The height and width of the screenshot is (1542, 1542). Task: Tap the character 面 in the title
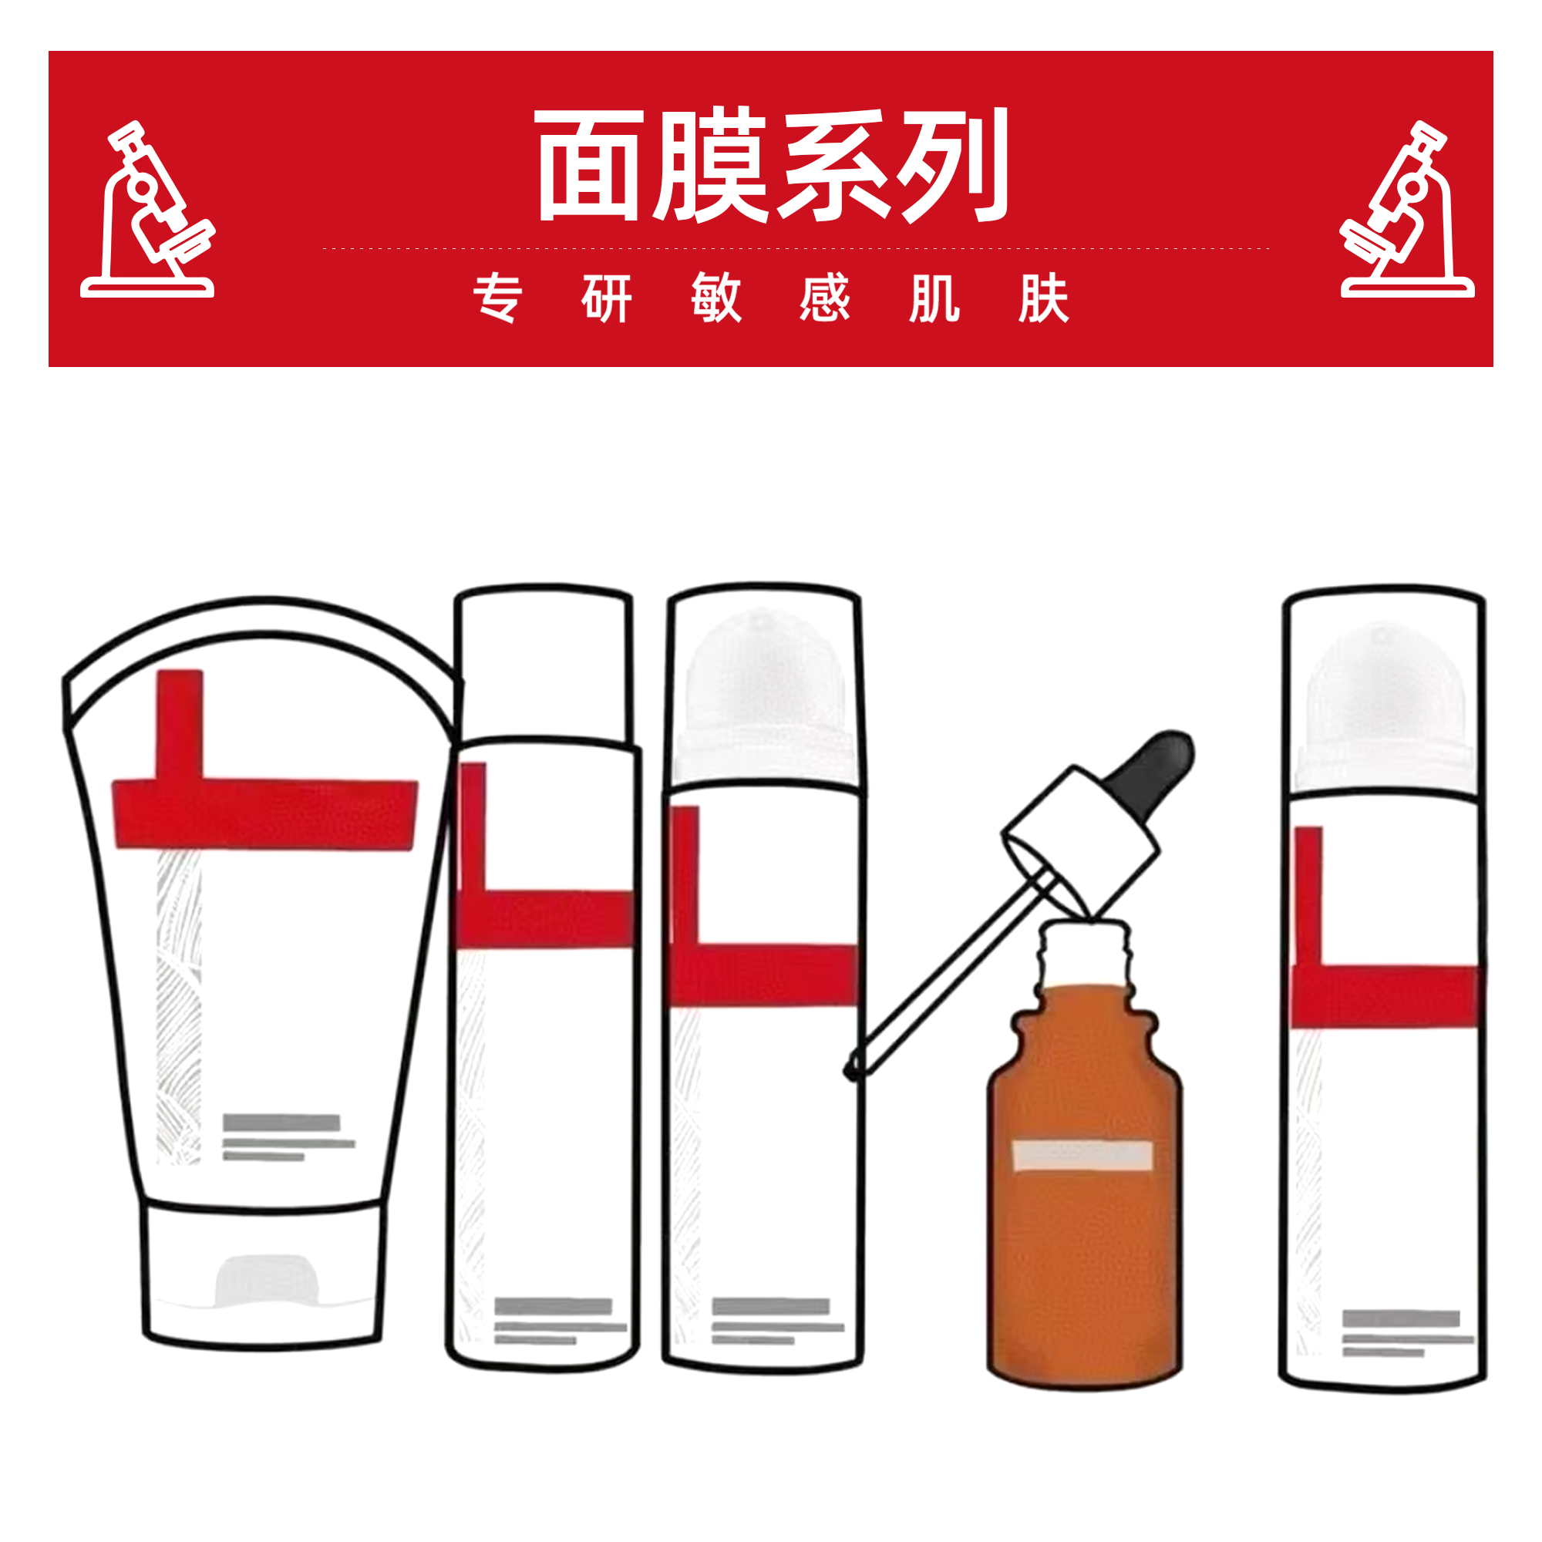588,165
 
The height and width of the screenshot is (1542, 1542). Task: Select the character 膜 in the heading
709,165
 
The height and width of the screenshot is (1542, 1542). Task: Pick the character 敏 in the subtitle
716,298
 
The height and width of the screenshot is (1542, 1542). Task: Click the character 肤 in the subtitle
1043,298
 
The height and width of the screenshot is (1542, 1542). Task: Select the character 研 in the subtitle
607,298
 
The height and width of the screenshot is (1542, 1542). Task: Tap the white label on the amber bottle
1082,1156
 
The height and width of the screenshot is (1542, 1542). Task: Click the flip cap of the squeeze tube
264,1277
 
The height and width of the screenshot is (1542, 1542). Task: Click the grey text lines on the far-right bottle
1406,1335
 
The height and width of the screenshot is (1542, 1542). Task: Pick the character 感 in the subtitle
825,298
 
